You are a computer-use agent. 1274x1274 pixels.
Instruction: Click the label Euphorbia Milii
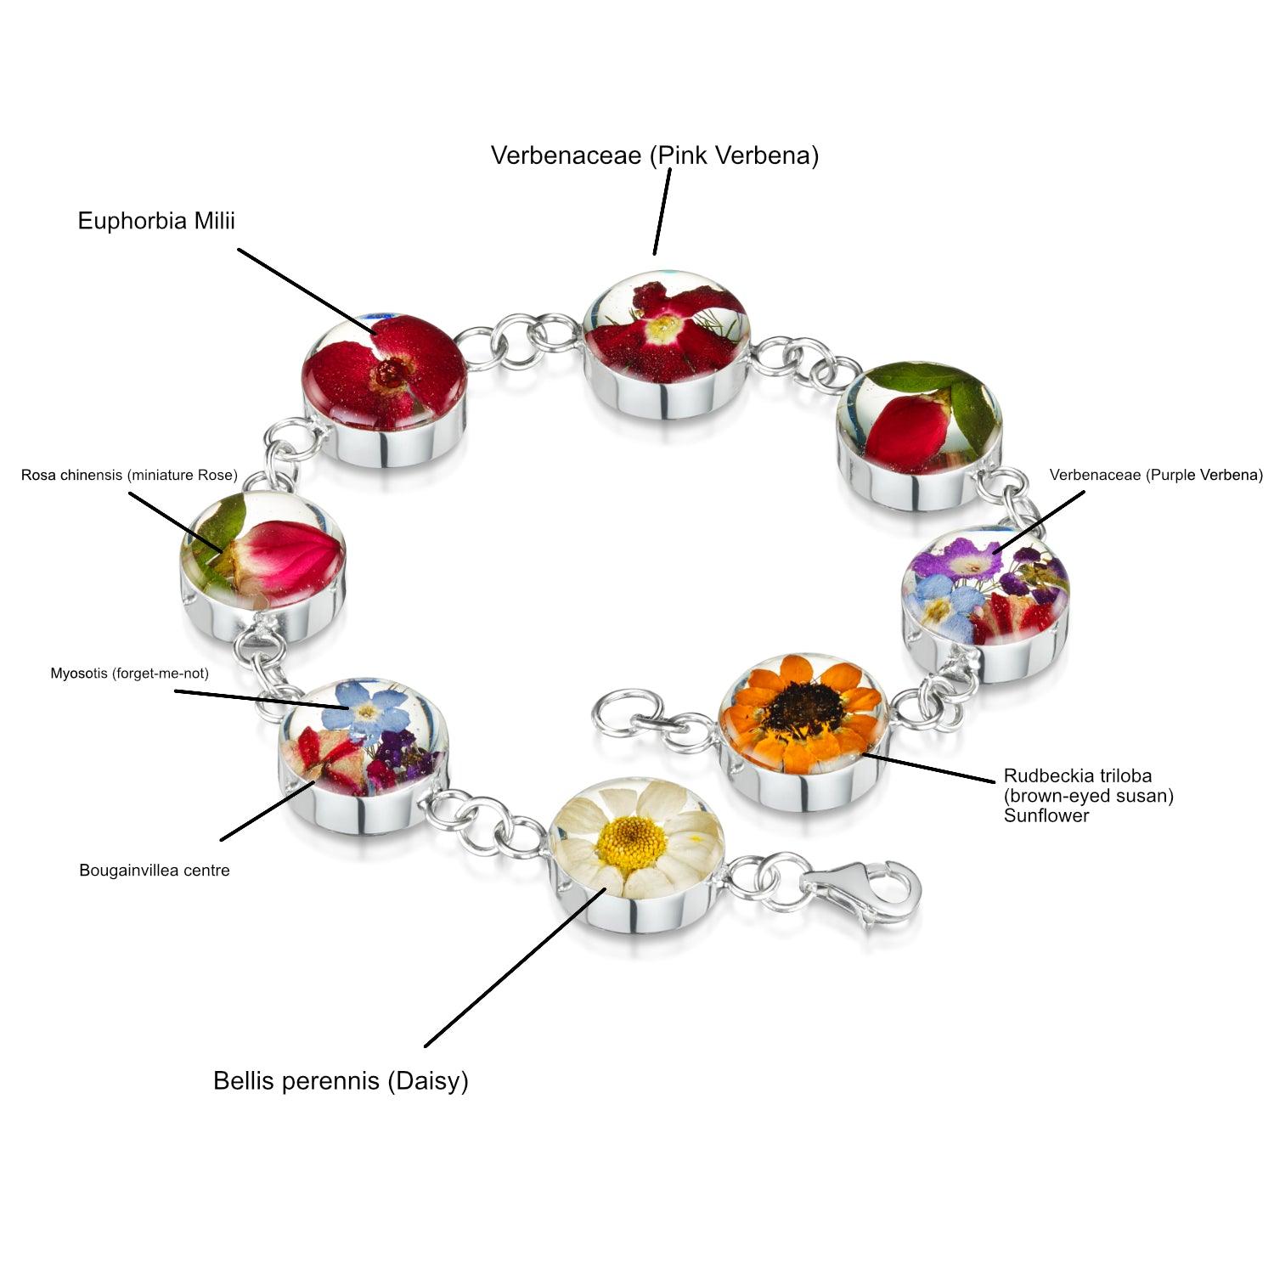pyautogui.click(x=156, y=221)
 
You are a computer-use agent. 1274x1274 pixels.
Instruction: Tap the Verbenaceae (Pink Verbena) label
pyautogui.click(x=654, y=155)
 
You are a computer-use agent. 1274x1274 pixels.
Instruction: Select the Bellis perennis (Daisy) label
pyautogui.click(x=341, y=1080)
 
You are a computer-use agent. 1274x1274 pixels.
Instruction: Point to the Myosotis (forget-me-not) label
pyautogui.click(x=129, y=674)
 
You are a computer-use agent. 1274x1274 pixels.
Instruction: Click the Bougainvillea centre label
pyautogui.click(x=155, y=871)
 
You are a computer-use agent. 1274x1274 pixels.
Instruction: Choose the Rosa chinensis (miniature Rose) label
pyautogui.click(x=129, y=476)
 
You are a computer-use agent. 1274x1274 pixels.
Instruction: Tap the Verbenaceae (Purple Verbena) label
pyautogui.click(x=1156, y=475)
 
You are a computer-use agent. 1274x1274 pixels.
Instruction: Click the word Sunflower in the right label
pyautogui.click(x=1046, y=816)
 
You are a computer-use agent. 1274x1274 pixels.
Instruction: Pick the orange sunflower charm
pyautogui.click(x=803, y=726)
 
